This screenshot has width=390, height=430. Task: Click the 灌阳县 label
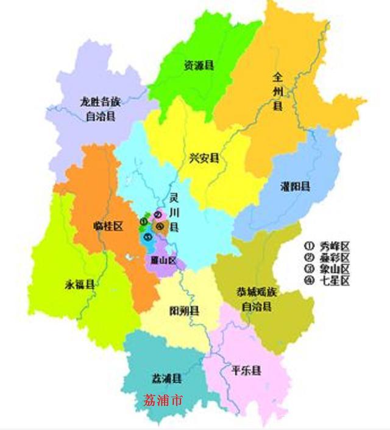tap(295, 186)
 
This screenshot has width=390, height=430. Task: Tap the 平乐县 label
tap(246, 370)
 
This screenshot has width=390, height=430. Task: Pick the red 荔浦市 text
tap(163, 400)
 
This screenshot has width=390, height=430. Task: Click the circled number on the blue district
tap(147, 236)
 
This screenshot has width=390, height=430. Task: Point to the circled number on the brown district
tap(159, 227)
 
